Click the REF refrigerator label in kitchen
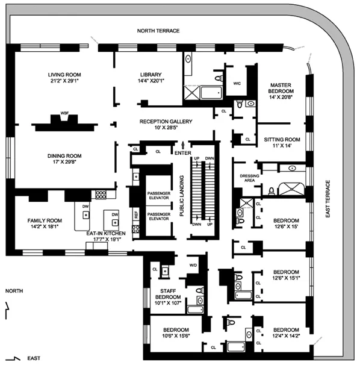[x=136, y=214]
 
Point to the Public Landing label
[x=181, y=195]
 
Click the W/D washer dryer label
[x=193, y=264]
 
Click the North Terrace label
[x=158, y=30]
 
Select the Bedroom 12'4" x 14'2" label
[x=286, y=333]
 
